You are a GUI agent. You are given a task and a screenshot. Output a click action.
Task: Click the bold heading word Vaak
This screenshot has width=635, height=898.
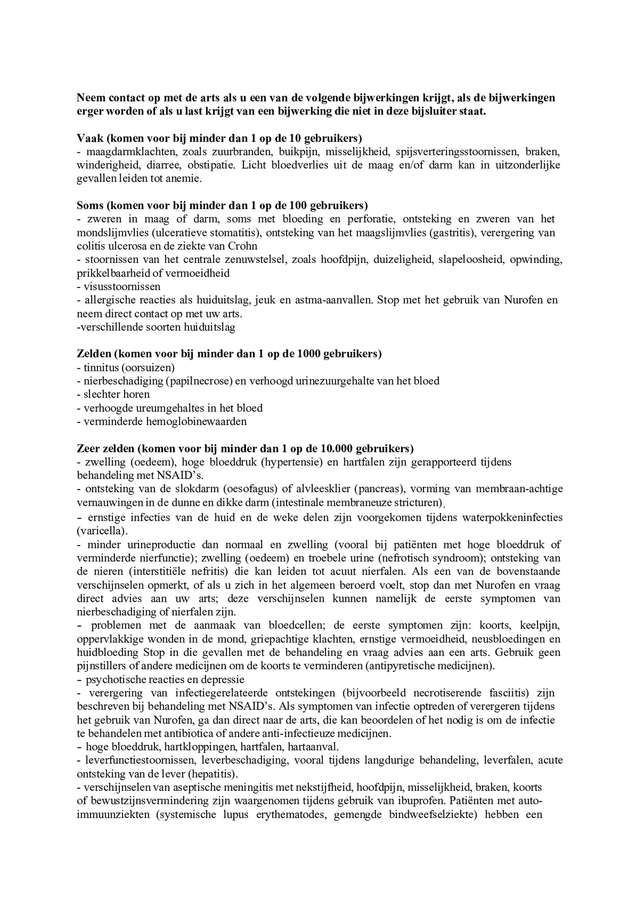click(x=90, y=138)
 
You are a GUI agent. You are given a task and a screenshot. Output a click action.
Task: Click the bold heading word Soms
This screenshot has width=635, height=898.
click(x=90, y=206)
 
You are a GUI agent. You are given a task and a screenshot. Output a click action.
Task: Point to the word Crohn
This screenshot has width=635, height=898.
click(x=243, y=246)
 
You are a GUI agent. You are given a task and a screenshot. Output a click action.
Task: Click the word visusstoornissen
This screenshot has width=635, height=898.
click(x=122, y=287)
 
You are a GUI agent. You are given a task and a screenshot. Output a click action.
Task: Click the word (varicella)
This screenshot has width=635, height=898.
click(x=102, y=531)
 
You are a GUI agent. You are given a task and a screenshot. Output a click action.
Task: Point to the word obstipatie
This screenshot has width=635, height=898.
click(x=211, y=165)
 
